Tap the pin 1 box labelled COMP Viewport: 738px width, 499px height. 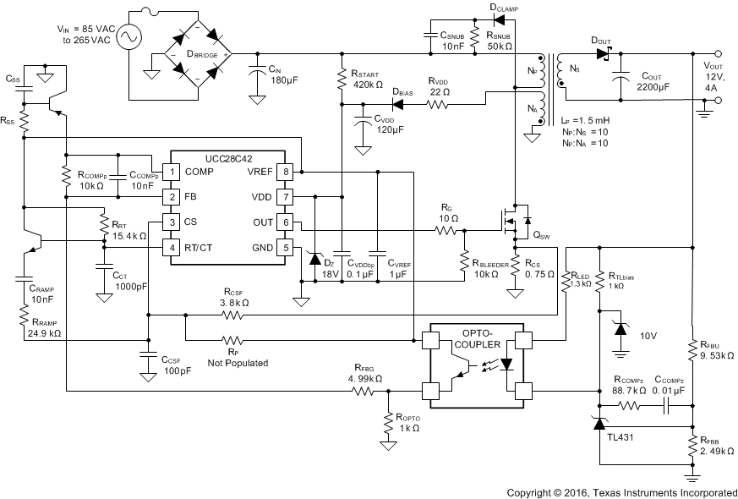(172, 173)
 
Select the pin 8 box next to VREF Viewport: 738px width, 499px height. (286, 173)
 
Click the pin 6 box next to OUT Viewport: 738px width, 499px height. (286, 222)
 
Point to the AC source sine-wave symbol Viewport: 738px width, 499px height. (134, 37)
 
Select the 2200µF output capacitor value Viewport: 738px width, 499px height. (653, 85)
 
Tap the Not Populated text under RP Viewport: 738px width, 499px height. (238, 362)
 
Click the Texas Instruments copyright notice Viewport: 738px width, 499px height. (621, 491)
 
